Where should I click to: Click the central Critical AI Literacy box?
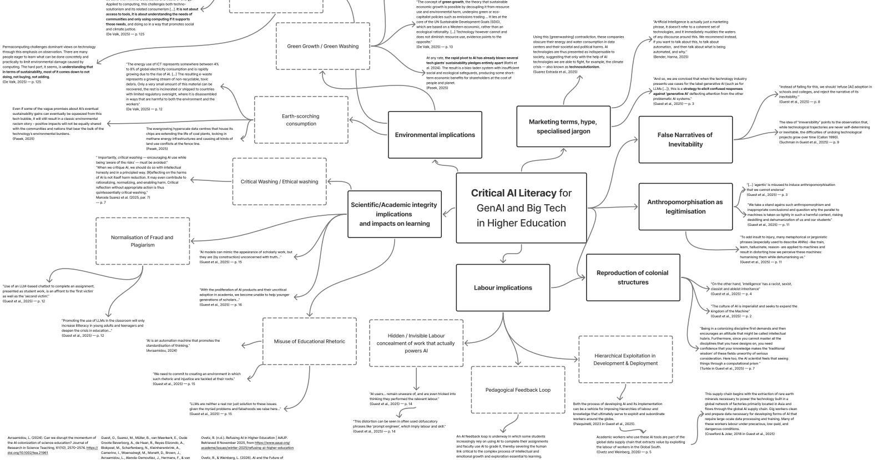coord(521,208)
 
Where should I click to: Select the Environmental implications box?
coord(435,135)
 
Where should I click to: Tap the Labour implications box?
coord(503,287)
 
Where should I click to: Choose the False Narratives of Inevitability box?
coord(685,139)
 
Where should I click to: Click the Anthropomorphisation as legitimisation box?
coord(685,206)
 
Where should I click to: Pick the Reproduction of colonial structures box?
coord(633,277)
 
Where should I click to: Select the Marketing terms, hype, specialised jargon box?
coord(563,127)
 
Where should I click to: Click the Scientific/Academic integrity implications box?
coord(394,214)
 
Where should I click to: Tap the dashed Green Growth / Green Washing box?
coord(322,46)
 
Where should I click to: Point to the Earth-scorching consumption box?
coord(301,120)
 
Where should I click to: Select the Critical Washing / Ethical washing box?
coord(279,181)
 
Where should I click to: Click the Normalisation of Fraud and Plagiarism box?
coord(142,241)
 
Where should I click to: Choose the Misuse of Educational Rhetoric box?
coord(309,341)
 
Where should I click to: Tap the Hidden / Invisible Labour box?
coord(416,343)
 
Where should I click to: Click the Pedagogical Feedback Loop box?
coord(518,390)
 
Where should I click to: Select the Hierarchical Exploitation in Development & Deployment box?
coord(625,360)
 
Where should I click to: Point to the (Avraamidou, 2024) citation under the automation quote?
coord(161,351)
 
